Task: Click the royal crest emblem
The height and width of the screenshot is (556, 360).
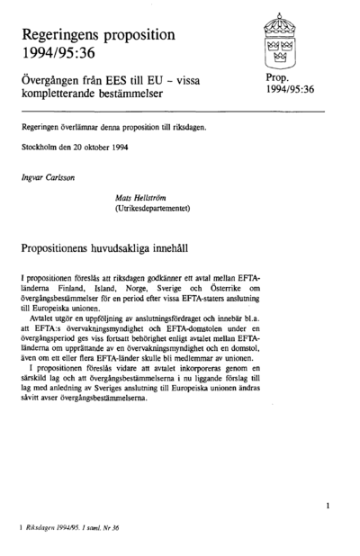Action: point(284,42)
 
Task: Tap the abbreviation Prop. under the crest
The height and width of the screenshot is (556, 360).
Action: point(280,78)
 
